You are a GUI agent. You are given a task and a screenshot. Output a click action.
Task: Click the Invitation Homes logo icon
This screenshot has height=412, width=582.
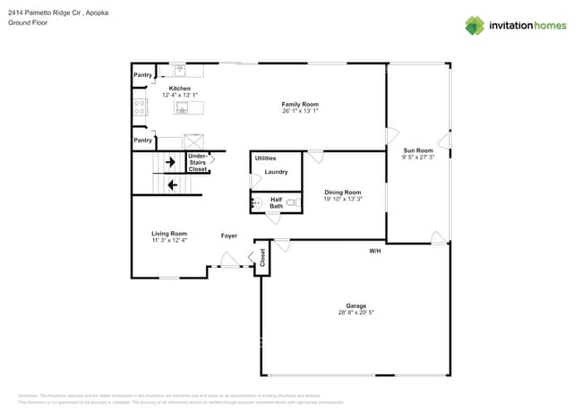474,25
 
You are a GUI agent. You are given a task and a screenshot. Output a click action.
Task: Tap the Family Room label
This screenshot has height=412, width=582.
300,105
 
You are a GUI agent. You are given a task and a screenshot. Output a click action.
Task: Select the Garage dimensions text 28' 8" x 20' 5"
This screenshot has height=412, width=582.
356,313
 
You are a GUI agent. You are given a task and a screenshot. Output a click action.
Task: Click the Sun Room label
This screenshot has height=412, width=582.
418,150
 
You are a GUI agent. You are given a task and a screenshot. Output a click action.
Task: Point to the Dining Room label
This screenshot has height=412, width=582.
343,192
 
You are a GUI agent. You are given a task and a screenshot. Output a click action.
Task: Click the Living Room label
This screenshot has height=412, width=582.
168,234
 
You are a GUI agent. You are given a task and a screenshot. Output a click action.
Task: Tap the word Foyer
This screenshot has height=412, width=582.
229,236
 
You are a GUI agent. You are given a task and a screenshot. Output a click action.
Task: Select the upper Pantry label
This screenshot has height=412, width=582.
142,75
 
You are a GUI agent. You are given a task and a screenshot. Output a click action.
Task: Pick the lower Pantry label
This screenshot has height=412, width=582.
142,140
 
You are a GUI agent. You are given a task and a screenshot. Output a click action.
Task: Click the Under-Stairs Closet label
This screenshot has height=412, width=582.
198,163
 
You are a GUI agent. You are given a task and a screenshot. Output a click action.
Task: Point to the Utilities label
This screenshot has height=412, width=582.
265,158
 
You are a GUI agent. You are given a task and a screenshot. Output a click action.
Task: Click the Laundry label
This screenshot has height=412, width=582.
276,172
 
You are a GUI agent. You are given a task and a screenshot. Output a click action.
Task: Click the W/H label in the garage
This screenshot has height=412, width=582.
374,251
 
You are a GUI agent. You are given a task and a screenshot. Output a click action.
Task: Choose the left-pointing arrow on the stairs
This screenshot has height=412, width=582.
170,185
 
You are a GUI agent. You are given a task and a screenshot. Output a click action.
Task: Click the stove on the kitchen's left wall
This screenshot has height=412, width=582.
140,107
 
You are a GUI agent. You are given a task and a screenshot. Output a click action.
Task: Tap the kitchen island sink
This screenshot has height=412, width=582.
182,108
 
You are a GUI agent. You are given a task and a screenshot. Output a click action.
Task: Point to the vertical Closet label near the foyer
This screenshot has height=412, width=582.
262,259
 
